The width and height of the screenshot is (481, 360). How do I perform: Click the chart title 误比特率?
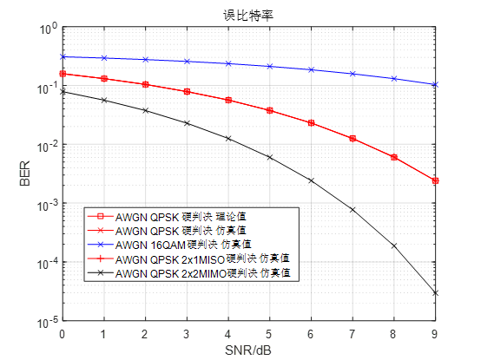(248, 13)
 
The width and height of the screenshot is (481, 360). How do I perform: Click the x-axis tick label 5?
(269, 333)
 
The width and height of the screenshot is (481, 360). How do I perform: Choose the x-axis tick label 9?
(435, 333)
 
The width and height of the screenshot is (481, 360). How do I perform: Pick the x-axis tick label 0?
(62, 333)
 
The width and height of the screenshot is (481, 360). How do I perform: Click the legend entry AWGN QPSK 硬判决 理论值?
(181, 217)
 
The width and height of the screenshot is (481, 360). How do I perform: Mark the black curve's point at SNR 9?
(435, 293)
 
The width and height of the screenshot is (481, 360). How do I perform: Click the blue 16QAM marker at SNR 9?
(435, 85)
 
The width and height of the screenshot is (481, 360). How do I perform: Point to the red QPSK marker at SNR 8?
(393, 157)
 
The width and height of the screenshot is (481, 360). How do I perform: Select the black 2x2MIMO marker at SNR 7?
(352, 210)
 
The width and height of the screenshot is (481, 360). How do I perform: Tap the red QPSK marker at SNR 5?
(269, 111)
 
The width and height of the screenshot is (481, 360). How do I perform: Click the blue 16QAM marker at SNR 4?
(227, 63)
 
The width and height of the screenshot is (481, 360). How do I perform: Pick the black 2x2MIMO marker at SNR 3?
(186, 123)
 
